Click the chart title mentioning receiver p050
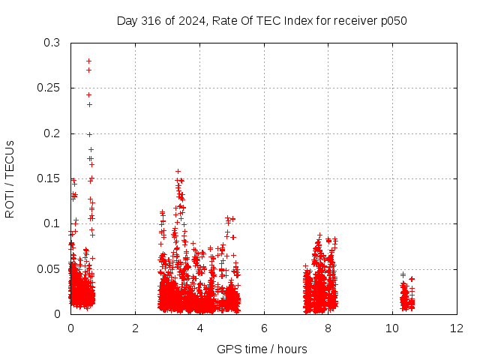[262, 21]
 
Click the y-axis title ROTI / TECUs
[10, 179]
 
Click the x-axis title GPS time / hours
[262, 349]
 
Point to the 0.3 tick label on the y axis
[52, 43]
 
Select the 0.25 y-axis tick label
[48, 88]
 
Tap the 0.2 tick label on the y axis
[52, 133]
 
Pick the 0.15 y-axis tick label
[48, 178]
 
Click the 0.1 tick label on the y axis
[52, 223]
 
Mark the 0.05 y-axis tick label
[48, 269]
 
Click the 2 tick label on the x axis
[135, 328]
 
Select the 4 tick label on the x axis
[200, 328]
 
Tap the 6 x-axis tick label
[264, 328]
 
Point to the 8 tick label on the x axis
[328, 328]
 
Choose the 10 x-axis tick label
[392, 328]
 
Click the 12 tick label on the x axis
[457, 328]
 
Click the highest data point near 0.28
[88, 61]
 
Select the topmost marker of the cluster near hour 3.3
[178, 172]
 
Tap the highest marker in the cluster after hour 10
[403, 274]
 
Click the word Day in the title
[127, 21]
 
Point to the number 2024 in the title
[192, 21]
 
